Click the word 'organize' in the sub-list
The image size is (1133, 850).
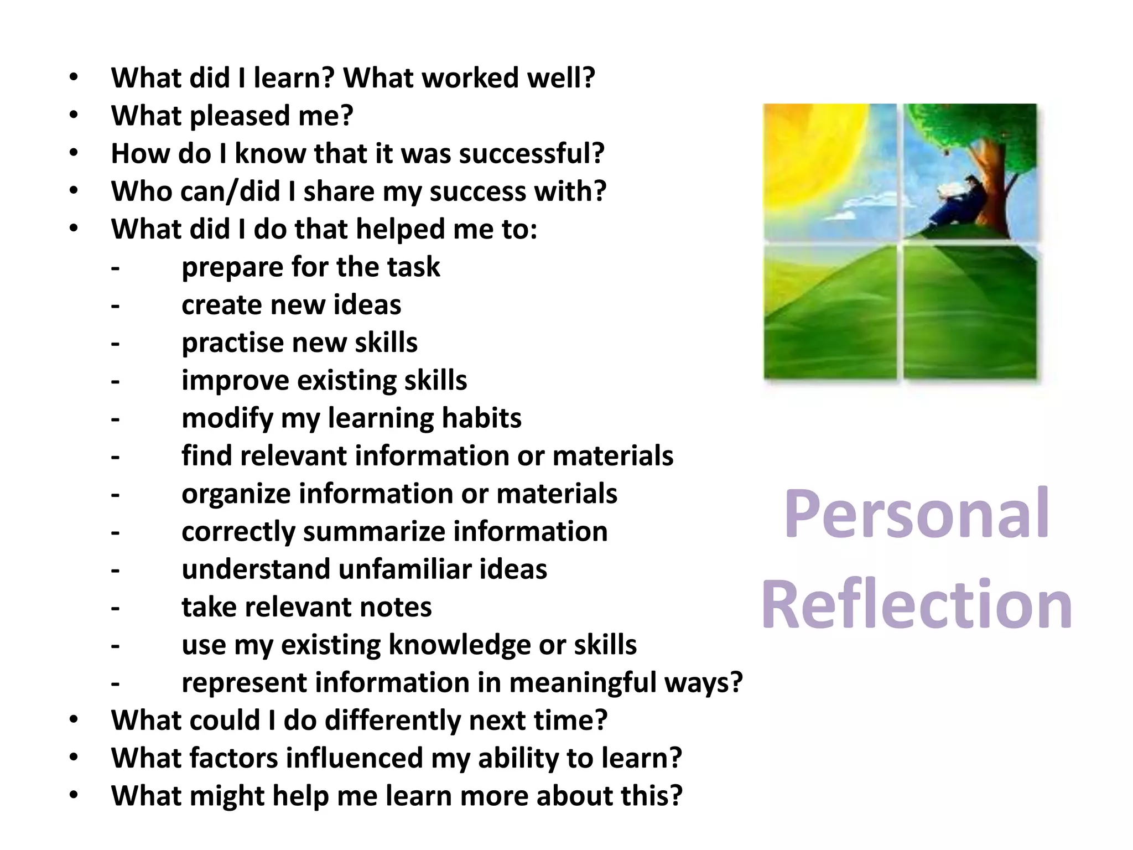(236, 494)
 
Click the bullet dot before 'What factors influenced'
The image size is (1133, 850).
(74, 758)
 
